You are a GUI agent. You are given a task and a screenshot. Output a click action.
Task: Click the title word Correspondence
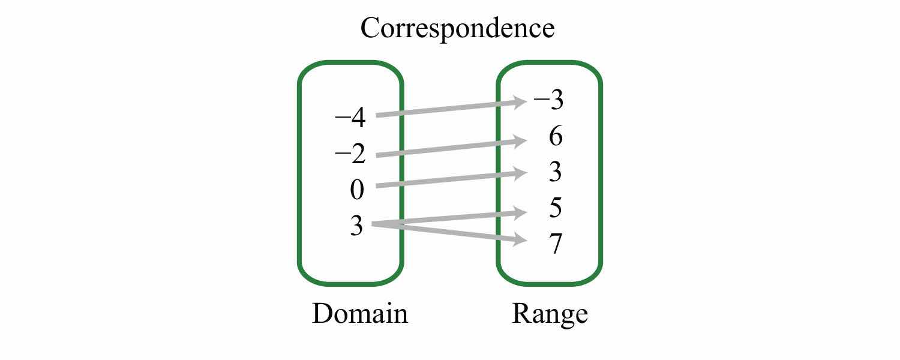(457, 28)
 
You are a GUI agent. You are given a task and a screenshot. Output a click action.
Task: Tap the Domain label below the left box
(359, 314)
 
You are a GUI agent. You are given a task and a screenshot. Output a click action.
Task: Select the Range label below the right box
(550, 314)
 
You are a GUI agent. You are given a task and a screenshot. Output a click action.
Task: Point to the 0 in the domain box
(356, 190)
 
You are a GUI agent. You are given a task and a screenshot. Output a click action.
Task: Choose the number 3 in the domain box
(356, 227)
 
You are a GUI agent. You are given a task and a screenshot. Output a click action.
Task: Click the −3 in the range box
(548, 101)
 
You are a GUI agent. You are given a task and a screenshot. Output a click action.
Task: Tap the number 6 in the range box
(555, 137)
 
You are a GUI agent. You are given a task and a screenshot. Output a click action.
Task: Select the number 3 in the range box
(555, 173)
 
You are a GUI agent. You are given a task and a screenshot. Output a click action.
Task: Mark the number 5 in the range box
(555, 209)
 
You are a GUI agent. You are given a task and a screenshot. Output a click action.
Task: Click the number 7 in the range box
(555, 245)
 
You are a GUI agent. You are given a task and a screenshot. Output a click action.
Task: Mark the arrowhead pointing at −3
(520, 103)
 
